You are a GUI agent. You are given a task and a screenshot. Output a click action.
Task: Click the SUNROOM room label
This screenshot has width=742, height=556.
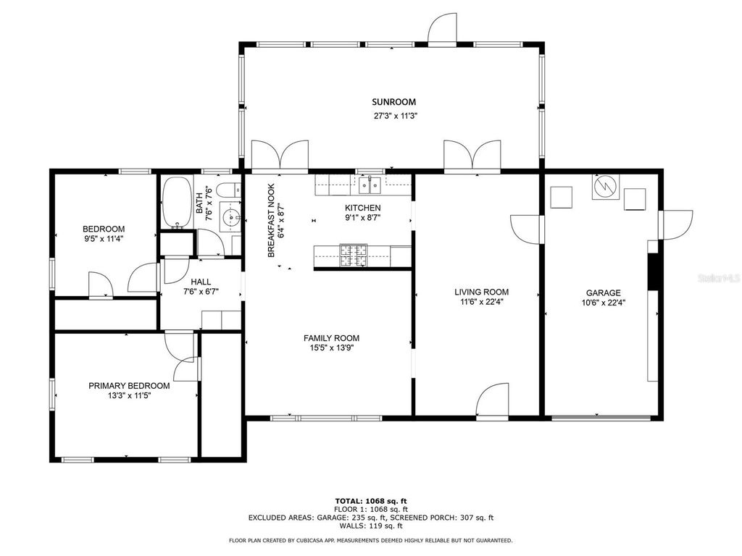pos(393,102)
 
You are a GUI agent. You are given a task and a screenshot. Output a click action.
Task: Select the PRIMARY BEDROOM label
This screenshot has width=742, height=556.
pos(129,386)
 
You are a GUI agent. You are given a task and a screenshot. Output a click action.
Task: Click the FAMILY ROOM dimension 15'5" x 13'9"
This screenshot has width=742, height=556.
pos(331,348)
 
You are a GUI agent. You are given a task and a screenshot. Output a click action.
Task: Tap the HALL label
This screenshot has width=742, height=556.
pos(201,282)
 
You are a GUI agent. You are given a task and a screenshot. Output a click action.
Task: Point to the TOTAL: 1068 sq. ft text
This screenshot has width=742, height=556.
pos(370,501)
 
